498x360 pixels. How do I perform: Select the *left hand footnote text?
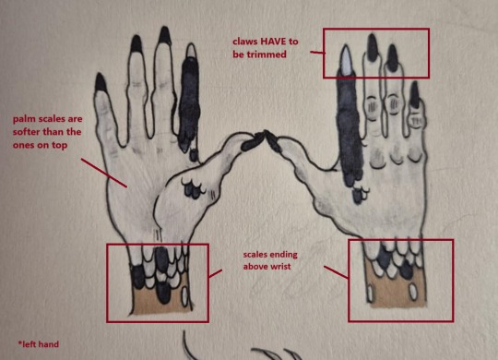point(39,344)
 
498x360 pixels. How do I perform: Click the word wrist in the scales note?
point(280,266)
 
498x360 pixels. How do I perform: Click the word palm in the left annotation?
point(23,120)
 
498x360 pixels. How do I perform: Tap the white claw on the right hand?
point(346,60)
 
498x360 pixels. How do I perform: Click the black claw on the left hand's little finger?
point(101,81)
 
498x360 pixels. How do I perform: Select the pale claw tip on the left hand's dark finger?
point(191,50)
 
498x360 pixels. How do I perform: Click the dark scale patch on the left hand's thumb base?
point(192,190)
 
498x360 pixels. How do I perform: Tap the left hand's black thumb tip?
point(253,141)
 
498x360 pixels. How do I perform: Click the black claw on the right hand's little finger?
point(414,94)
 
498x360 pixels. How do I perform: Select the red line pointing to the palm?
point(104,173)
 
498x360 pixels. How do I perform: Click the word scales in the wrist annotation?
point(255,255)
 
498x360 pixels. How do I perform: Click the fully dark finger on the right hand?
point(350,127)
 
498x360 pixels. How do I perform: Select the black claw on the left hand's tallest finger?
point(165,35)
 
